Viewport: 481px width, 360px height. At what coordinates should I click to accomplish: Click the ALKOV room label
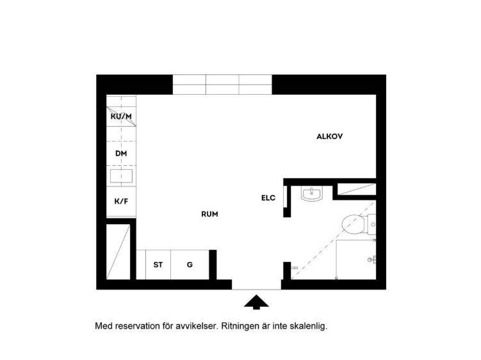329,136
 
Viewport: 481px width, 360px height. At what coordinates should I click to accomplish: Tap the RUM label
209,214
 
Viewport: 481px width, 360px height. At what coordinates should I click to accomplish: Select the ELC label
268,198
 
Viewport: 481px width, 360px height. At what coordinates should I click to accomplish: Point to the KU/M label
121,117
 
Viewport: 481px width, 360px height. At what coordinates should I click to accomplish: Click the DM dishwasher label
121,154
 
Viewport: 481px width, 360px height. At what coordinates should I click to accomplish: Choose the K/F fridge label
121,201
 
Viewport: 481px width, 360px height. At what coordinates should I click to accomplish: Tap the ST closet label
158,265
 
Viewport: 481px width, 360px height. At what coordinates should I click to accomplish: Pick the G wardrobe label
190,265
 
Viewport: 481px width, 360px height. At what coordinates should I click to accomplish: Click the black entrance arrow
256,302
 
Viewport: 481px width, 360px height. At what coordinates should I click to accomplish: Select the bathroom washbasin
312,194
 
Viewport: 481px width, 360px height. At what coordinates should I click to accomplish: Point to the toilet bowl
353,225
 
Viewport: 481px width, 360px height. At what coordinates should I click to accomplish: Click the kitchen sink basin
122,176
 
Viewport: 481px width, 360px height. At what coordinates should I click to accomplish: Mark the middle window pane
222,85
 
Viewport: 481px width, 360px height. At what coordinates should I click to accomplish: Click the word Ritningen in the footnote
240,326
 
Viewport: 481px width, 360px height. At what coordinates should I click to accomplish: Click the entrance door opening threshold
256,289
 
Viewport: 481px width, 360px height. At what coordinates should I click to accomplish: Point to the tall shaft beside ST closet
118,252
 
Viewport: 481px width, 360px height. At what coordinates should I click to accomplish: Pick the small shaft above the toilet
357,189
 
